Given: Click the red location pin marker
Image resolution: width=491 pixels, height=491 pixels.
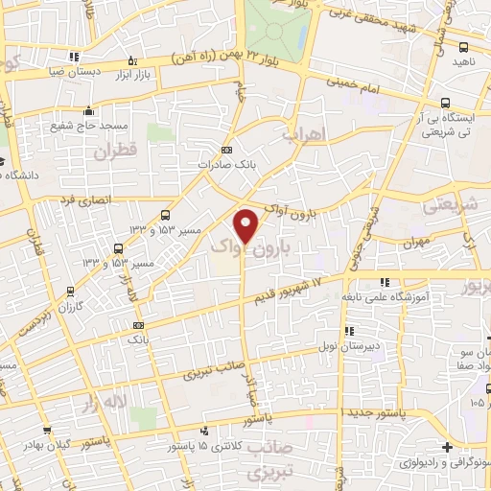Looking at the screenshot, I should click(x=246, y=225).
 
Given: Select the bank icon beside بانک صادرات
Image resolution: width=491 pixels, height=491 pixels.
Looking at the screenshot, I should click(x=226, y=150).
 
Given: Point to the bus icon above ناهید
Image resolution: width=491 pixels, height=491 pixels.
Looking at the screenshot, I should click(x=464, y=46).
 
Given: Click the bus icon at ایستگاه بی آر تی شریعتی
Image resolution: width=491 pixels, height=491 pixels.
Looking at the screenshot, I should click(x=445, y=103).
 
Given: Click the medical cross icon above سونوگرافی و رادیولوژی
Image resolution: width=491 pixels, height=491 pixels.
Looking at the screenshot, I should click(x=448, y=446).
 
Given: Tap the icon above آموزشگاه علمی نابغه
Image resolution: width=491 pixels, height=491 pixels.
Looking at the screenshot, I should click(x=385, y=282).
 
